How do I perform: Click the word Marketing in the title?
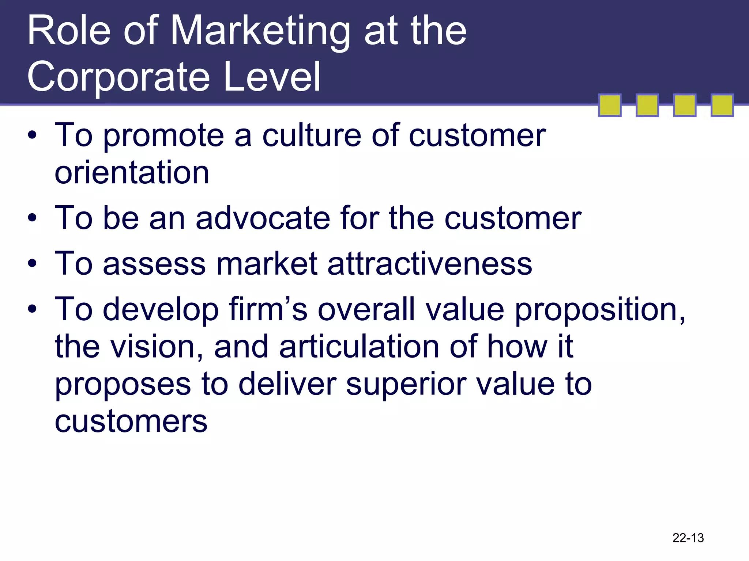coord(260,31)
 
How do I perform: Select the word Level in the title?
coord(272,77)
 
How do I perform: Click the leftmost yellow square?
coord(610,105)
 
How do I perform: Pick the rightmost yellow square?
coord(722,105)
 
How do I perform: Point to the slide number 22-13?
coord(688,538)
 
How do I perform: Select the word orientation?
coord(132,173)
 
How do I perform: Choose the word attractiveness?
coord(430,264)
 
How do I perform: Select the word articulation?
coord(359,347)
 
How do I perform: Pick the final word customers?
coord(131,422)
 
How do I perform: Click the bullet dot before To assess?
coord(32,264)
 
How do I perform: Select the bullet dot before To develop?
coord(32,309)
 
